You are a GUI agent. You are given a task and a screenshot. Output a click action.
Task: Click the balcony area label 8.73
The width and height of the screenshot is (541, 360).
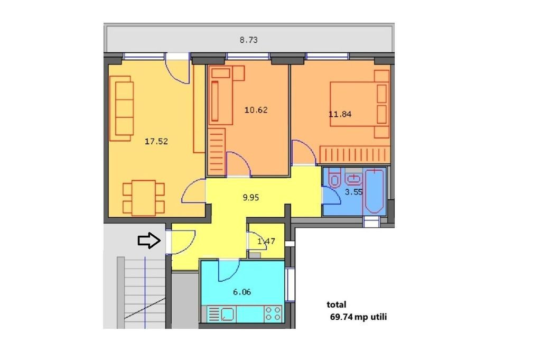pyautogui.click(x=248, y=40)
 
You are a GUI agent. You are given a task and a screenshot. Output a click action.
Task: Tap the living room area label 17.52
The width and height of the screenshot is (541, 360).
pyautogui.click(x=156, y=141)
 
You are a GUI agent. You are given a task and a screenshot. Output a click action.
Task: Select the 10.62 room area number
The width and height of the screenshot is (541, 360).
pyautogui.click(x=256, y=110)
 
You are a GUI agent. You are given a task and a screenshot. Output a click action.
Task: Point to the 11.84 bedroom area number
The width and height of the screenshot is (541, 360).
pyautogui.click(x=340, y=114)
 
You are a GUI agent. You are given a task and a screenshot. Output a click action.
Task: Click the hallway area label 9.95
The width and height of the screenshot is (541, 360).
pyautogui.click(x=251, y=197)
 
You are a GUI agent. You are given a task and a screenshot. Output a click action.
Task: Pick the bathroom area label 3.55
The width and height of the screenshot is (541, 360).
pyautogui.click(x=353, y=192)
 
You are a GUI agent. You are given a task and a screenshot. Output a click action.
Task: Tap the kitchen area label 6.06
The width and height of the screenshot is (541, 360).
pyautogui.click(x=242, y=292)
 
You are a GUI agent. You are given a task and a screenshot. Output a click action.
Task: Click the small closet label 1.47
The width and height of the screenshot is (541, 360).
pyautogui.click(x=266, y=241)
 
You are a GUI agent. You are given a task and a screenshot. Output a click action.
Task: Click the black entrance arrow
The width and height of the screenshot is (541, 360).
pyautogui.click(x=150, y=240)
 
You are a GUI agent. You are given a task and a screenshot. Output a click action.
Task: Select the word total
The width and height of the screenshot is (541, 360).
pyautogui.click(x=337, y=304)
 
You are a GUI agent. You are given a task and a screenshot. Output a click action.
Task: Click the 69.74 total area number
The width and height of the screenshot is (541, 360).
pyautogui.click(x=342, y=317)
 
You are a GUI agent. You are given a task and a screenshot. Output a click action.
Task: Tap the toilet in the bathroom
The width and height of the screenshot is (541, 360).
pyautogui.click(x=334, y=178)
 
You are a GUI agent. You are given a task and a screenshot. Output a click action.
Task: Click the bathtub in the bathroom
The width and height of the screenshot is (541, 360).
pyautogui.click(x=375, y=191)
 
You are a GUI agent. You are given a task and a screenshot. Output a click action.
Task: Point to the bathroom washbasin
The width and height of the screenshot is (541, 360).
pyautogui.click(x=353, y=178)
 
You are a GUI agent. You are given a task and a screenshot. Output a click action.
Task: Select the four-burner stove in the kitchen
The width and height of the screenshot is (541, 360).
pyautogui.click(x=273, y=314)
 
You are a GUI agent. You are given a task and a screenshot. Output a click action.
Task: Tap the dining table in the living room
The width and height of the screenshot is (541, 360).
pyautogui.click(x=144, y=198)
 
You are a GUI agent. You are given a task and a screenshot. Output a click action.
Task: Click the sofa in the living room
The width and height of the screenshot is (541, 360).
pyautogui.click(x=122, y=108)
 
